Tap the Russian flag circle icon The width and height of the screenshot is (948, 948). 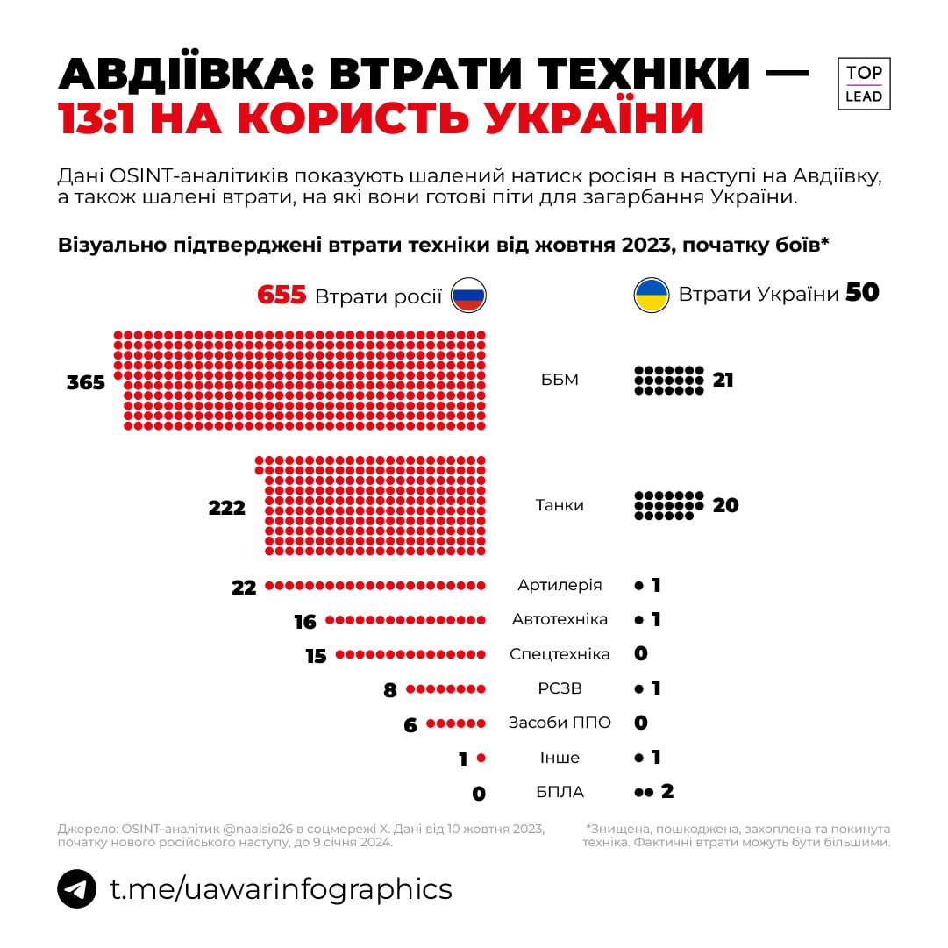(468, 296)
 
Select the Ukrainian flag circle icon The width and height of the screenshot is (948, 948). (652, 296)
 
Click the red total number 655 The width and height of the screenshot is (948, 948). (282, 295)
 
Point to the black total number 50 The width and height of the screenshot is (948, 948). (862, 293)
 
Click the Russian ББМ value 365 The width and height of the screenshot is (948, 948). (86, 383)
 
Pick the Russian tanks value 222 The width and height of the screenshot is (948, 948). (227, 508)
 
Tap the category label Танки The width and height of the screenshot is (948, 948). (560, 505)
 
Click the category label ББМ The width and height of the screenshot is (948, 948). (560, 381)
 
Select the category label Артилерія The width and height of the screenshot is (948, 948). (560, 585)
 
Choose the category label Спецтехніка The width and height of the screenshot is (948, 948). (560, 654)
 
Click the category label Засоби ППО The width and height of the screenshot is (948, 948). (560, 723)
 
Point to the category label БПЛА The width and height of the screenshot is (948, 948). (560, 792)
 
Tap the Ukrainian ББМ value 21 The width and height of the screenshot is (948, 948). (723, 381)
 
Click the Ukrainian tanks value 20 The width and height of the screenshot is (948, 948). (725, 505)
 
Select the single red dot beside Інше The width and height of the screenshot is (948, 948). (481, 758)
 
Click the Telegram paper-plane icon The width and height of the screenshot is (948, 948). (77, 889)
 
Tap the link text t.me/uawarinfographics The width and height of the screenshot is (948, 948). (281, 889)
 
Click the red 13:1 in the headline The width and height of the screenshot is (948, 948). (99, 119)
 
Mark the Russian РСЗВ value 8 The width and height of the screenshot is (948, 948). (390, 690)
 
